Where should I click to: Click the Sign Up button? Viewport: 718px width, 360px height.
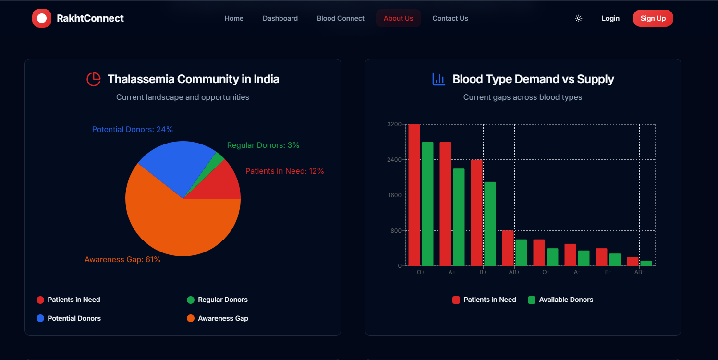point(653,18)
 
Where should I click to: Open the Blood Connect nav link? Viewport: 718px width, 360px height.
point(341,18)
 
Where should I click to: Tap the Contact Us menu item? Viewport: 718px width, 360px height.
point(450,18)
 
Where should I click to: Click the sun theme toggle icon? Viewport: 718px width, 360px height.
point(579,18)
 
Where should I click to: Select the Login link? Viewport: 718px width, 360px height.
point(610,18)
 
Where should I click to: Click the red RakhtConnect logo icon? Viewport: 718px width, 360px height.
point(42,18)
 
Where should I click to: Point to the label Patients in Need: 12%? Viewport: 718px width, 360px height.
point(284,171)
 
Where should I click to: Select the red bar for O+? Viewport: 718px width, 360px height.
point(414,195)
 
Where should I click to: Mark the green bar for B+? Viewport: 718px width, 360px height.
point(490,224)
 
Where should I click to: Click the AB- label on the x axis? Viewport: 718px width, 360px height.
point(639,272)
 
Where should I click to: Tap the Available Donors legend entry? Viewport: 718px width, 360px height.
point(560,300)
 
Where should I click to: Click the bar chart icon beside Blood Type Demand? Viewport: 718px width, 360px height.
point(438,79)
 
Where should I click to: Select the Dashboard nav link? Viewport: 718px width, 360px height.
point(280,18)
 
